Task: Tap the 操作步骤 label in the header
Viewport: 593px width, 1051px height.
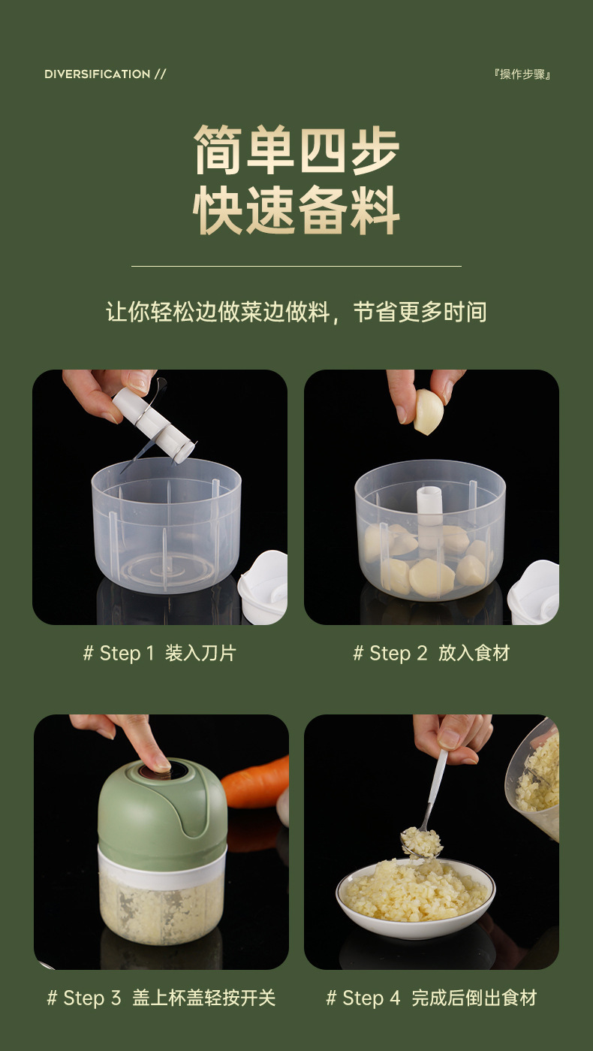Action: click(x=522, y=74)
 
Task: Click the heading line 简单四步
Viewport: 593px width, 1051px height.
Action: click(x=296, y=150)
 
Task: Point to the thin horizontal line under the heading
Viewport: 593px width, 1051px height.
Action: click(x=296, y=266)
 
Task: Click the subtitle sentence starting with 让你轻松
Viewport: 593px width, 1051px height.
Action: click(x=296, y=312)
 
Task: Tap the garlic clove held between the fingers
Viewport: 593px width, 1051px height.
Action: click(x=428, y=412)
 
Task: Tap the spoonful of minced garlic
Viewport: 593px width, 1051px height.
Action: click(x=420, y=842)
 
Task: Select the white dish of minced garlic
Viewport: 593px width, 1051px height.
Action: click(x=415, y=898)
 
